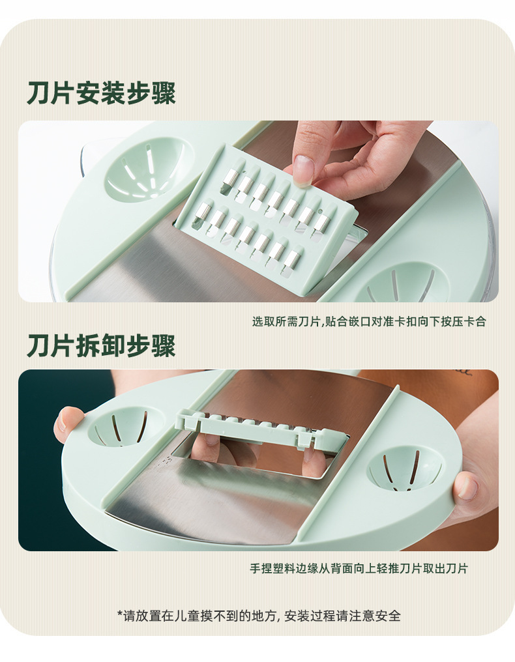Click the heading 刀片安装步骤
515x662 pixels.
[x=101, y=93]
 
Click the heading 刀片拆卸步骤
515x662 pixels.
[x=101, y=346]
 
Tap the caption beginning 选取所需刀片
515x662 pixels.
[x=369, y=322]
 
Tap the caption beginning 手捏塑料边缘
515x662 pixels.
[x=359, y=568]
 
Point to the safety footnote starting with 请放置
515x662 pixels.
[x=259, y=615]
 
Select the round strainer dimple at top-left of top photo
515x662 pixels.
[x=145, y=169]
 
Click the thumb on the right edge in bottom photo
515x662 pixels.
[x=465, y=486]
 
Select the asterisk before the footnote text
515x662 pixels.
[x=120, y=614]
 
